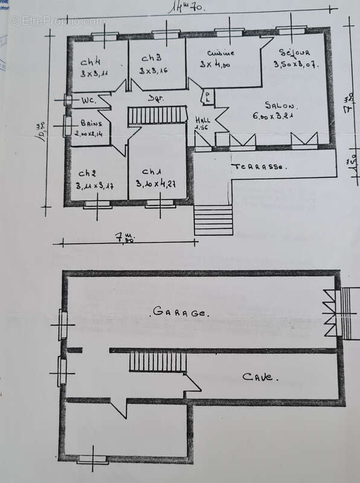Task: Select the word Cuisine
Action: click(x=220, y=53)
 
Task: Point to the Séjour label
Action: click(x=294, y=53)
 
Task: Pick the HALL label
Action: click(x=204, y=119)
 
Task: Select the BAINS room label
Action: click(x=85, y=123)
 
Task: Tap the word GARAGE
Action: click(x=181, y=312)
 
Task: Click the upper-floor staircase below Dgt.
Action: click(x=158, y=115)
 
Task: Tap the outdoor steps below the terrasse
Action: click(x=213, y=220)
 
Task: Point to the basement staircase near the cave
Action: click(x=158, y=362)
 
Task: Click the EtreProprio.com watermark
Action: click(x=57, y=21)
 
